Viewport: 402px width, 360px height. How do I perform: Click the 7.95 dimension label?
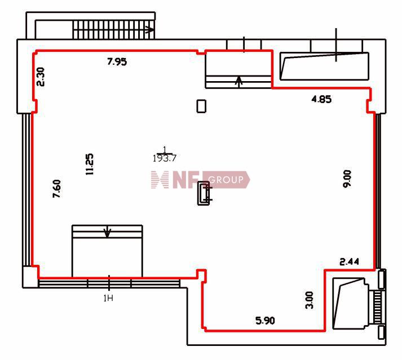(117, 62)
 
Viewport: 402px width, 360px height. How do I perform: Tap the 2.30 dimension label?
(41, 77)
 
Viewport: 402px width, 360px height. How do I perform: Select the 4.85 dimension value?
(321, 99)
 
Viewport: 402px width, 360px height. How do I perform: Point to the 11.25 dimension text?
(90, 165)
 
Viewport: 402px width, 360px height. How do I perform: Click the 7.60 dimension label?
(56, 189)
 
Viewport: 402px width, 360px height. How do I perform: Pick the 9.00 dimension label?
(347, 179)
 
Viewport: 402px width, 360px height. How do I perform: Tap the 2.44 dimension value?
(349, 261)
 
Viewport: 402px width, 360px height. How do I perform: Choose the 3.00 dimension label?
(310, 300)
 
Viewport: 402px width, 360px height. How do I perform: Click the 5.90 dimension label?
(265, 321)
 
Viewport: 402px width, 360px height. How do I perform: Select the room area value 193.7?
(165, 158)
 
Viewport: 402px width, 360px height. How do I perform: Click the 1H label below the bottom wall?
(108, 298)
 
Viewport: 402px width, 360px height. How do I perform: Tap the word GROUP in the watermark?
(226, 180)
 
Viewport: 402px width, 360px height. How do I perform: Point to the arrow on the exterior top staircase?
(150, 30)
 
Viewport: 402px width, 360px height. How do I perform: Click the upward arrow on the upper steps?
(239, 82)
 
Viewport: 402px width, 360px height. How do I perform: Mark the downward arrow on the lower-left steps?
(107, 232)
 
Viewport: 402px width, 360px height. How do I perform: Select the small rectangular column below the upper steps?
(201, 106)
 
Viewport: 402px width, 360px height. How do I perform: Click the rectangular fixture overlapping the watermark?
(204, 193)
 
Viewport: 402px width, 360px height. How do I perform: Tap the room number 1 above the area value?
(165, 149)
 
